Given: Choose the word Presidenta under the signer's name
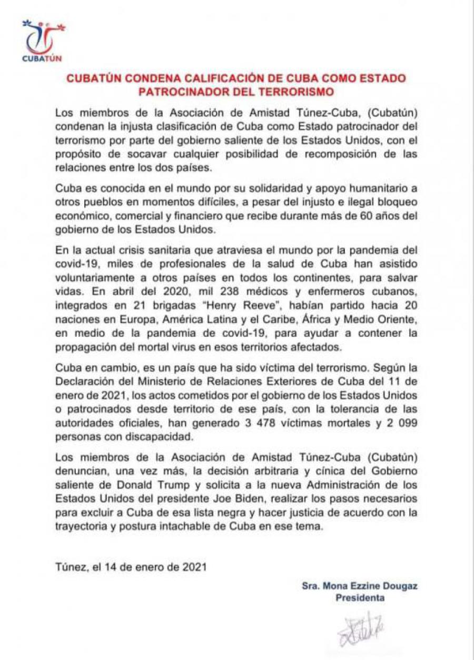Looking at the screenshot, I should pyautogui.click(x=360, y=598).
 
